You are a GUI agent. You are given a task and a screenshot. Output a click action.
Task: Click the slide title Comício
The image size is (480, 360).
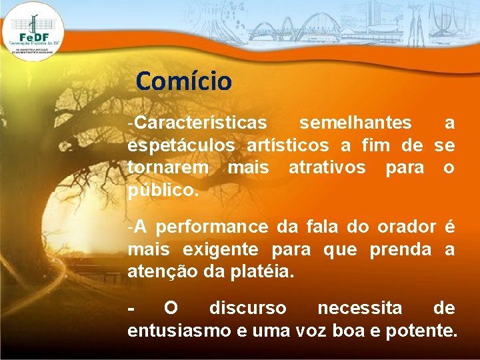coord(183,81)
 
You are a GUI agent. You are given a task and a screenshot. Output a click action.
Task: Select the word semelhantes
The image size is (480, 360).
coord(355,123)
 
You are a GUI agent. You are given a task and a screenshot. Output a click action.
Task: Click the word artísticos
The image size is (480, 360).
coord(288,145)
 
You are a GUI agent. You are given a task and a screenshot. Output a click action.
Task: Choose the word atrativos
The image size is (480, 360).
coord(327,167)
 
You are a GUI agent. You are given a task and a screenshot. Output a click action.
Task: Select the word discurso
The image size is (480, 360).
coord(247,309)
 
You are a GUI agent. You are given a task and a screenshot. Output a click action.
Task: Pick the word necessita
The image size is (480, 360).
coord(359,309)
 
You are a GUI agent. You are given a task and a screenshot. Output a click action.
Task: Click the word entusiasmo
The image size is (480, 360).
coord(174,331)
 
